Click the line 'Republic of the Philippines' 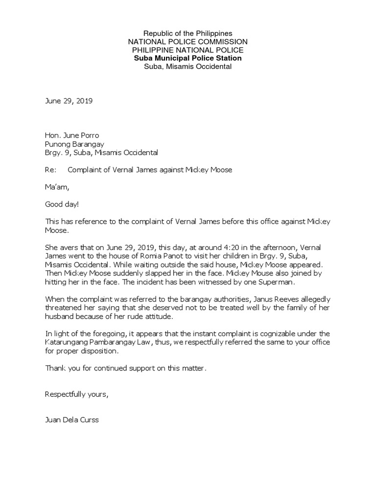(188, 33)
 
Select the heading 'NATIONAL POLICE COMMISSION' (188, 42)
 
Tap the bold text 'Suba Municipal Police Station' (188, 58)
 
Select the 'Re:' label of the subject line (51, 170)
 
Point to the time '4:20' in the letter (237, 247)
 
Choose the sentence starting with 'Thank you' (126, 368)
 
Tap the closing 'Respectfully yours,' (76, 394)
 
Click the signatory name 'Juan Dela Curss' (71, 420)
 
